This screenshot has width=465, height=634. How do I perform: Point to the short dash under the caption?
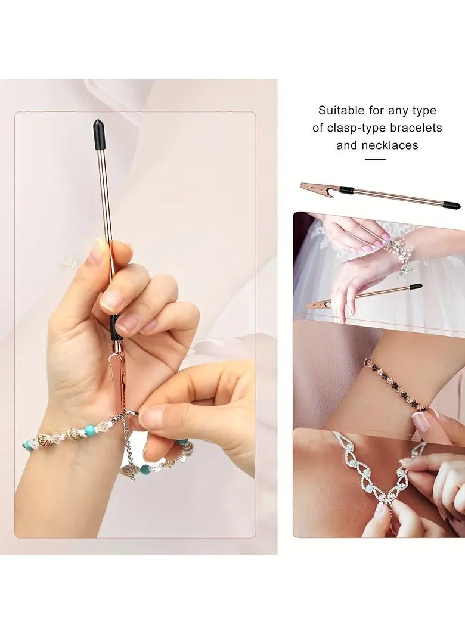(x=375, y=159)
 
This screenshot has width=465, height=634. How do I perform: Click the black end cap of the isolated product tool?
(x=451, y=205)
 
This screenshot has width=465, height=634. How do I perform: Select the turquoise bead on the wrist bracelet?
(x=89, y=430)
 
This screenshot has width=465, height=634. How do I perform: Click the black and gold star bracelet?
(x=394, y=384)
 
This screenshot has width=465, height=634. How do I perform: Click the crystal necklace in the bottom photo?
(x=370, y=471)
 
